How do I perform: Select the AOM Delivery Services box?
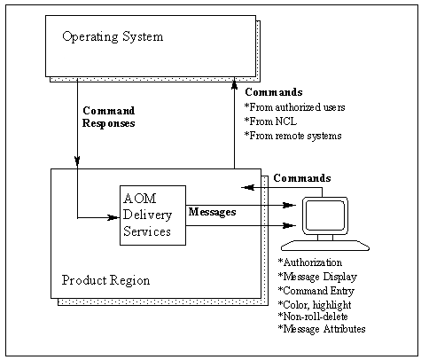[152, 215]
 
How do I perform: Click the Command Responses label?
[109, 117]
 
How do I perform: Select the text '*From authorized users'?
[294, 108]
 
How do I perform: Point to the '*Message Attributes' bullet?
[322, 329]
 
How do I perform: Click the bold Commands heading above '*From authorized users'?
[273, 92]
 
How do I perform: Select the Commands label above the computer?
[302, 177]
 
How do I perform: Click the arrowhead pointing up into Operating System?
[233, 85]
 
